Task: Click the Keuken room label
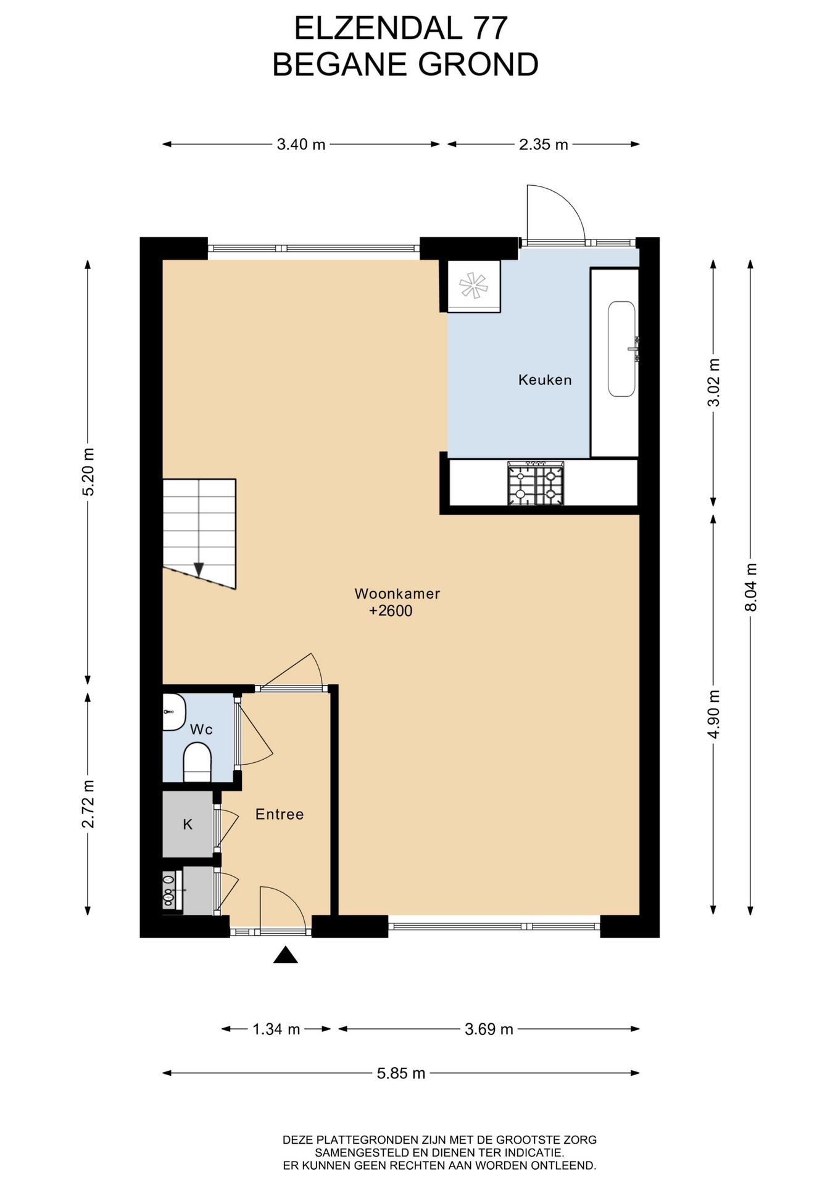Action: tap(545, 380)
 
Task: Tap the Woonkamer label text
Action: tap(397, 594)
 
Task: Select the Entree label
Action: tap(280, 814)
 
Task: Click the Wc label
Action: tap(201, 730)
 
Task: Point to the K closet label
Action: tap(188, 824)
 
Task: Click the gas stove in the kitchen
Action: tap(536, 484)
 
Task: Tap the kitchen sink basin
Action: tap(622, 349)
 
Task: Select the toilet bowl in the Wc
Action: tap(197, 762)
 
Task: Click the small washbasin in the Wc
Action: tap(174, 712)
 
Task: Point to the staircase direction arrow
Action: tap(199, 569)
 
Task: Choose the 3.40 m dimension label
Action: tap(301, 144)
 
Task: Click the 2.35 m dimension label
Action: tap(544, 144)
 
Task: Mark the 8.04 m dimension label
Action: tap(750, 587)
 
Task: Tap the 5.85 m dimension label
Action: tap(401, 1073)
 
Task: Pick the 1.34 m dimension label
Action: tap(276, 1029)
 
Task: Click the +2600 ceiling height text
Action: tap(391, 611)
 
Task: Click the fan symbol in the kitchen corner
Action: tap(473, 286)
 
